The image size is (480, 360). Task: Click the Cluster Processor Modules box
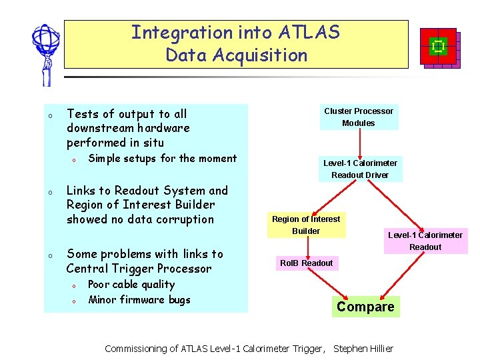[x=359, y=117]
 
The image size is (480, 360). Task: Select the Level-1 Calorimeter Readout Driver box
[x=360, y=169]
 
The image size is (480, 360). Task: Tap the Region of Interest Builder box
[x=306, y=225]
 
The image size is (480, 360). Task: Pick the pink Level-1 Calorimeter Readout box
[x=425, y=241]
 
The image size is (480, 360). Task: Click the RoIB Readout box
[x=306, y=263]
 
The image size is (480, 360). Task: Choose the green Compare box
[x=365, y=307]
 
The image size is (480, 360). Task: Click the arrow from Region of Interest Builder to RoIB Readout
[x=306, y=246]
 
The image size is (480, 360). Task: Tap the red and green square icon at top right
[x=439, y=47]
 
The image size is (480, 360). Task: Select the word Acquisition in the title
[x=260, y=55]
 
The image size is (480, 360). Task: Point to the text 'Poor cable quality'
[x=131, y=285]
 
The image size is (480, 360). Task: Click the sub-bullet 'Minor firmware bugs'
[x=139, y=299]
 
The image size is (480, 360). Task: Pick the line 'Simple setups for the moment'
[x=162, y=159]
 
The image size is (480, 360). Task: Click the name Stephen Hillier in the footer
[x=363, y=349]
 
